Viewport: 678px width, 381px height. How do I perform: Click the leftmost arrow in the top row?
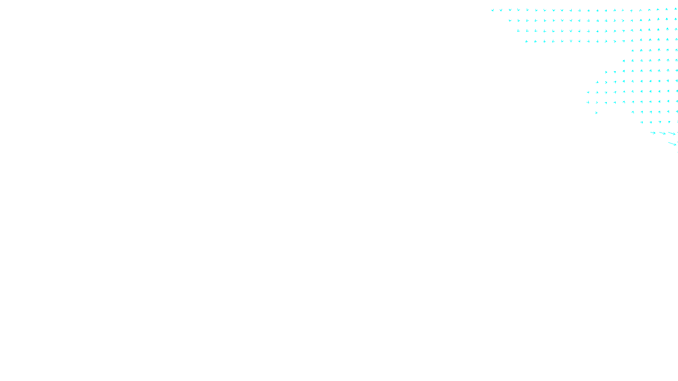point(492,10)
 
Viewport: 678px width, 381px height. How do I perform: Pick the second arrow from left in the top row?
point(501,10)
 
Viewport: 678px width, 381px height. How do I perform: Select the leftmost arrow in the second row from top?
point(510,20)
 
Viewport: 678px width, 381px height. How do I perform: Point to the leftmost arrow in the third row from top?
point(518,30)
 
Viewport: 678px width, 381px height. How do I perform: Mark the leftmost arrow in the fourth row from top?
point(527,41)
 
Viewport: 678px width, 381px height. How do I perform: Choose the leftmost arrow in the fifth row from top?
point(632,51)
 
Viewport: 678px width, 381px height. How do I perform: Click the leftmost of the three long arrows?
point(653,133)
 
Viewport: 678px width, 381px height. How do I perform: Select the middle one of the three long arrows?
point(662,133)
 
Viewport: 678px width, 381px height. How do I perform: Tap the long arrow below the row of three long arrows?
point(672,144)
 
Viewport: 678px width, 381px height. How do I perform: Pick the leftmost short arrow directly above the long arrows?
point(642,122)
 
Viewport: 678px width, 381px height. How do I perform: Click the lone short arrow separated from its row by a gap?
point(596,113)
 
